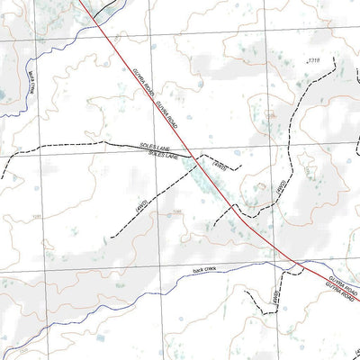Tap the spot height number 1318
313,60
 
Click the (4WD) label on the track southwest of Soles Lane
140,209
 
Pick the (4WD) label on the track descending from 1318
280,190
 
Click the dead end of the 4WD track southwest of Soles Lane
112,236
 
